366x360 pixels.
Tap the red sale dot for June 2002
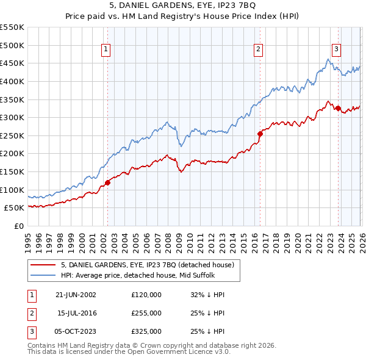107,182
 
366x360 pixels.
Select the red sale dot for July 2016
260,133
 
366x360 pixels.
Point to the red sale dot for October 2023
338,108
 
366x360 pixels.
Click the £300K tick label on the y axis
12,117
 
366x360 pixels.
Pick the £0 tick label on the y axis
19,226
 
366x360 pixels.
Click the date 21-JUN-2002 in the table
75,295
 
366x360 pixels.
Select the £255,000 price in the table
146,313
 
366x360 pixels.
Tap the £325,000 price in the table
146,331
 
